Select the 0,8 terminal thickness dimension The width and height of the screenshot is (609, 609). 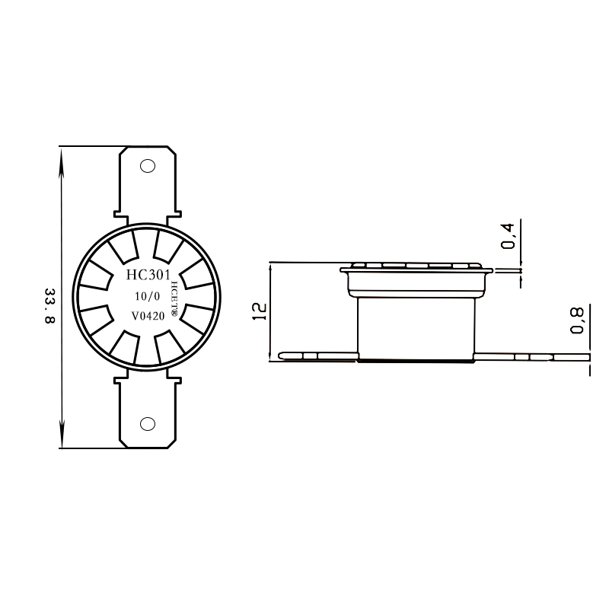(x=578, y=320)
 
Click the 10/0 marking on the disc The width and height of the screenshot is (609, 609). (x=147, y=295)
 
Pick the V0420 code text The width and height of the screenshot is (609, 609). (x=147, y=315)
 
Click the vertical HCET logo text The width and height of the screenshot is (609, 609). (x=174, y=297)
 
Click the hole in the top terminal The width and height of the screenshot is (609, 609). (x=148, y=165)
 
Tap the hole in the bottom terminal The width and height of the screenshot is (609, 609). (x=148, y=424)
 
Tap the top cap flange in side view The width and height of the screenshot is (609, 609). (x=415, y=267)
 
